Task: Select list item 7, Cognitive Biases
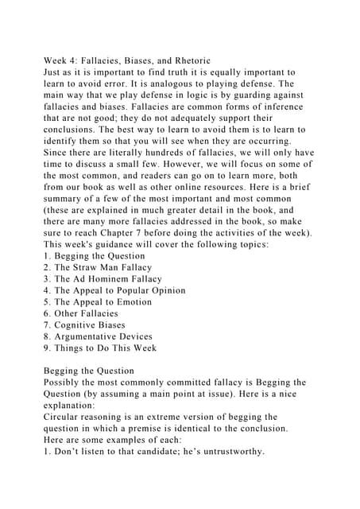[85, 325]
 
